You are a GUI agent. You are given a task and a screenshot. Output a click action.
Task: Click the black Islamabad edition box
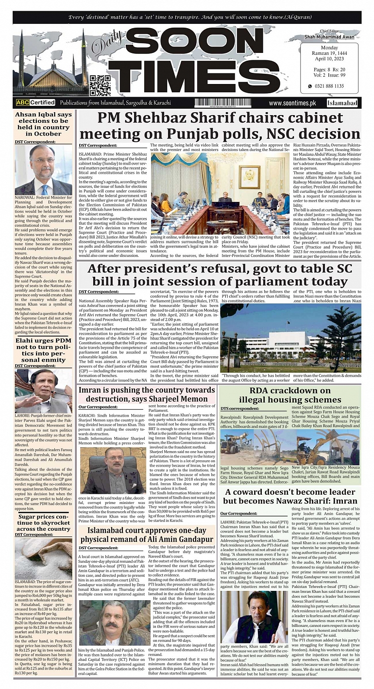[x=342, y=103]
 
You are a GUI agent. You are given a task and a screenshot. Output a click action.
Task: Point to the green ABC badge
[x=22, y=102]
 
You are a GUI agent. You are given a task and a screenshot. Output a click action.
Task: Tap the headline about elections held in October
[x=43, y=124]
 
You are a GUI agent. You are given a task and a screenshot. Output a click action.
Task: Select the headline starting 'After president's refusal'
[x=220, y=275]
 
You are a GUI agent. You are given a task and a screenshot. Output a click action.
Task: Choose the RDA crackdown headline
[x=290, y=395]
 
